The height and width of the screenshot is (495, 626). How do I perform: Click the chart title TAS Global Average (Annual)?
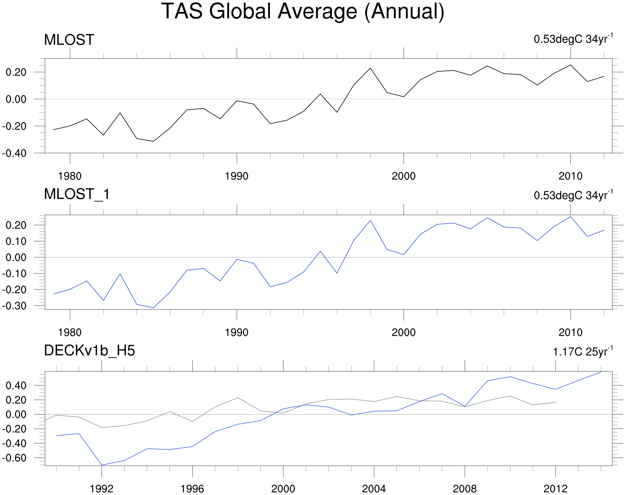303,12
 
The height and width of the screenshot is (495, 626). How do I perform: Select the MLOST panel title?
69,40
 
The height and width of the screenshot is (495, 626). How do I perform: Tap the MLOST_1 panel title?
77,194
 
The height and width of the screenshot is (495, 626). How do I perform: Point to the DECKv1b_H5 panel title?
89,351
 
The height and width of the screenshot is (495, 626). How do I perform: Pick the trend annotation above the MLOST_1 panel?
573,195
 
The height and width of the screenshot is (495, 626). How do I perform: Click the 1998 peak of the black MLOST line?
370,68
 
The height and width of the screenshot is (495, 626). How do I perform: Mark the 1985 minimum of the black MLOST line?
153,141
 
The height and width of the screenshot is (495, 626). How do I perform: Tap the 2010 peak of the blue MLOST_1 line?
570,217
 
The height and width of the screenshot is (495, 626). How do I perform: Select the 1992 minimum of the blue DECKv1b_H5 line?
102,465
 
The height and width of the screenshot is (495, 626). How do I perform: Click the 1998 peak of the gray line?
238,398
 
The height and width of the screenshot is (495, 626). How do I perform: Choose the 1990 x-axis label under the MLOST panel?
236,176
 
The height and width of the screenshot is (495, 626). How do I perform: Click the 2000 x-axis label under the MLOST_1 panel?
403,333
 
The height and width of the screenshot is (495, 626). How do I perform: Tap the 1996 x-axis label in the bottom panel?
192,489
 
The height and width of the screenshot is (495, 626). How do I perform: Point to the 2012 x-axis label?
555,489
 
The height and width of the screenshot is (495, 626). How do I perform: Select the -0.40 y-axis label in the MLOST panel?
14,153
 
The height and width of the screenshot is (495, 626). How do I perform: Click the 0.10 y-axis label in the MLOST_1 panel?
16,241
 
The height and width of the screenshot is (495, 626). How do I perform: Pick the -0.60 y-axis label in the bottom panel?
14,458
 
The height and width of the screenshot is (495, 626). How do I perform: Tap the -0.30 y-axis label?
14,306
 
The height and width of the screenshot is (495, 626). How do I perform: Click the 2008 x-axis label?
465,489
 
